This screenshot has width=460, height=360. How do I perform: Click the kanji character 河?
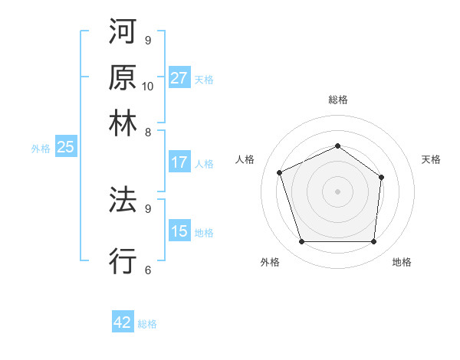pyautogui.click(x=123, y=34)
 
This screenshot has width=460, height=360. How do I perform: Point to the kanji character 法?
pyautogui.click(x=123, y=201)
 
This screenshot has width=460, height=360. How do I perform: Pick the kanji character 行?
pyautogui.click(x=123, y=261)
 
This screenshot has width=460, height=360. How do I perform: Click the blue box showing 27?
pyautogui.click(x=179, y=78)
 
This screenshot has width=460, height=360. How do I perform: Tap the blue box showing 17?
pyautogui.click(x=179, y=162)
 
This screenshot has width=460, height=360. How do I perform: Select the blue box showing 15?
pyautogui.click(x=179, y=231)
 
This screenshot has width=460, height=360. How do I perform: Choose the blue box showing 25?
pyautogui.click(x=65, y=147)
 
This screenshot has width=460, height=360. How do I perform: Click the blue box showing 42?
pyautogui.click(x=123, y=322)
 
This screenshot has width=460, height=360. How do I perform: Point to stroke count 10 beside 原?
pyautogui.click(x=148, y=85)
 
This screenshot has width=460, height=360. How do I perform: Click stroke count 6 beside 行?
pyautogui.click(x=147, y=269)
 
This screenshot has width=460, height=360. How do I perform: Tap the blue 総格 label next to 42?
pyautogui.click(x=147, y=324)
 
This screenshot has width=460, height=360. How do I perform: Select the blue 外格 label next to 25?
pyautogui.click(x=40, y=149)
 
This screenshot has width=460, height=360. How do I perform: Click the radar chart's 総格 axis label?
pyautogui.click(x=337, y=100)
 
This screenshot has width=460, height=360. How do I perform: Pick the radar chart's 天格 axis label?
pyautogui.click(x=431, y=159)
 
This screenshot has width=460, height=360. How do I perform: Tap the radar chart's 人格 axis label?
pyautogui.click(x=245, y=159)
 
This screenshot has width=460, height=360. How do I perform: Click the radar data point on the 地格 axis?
pyautogui.click(x=374, y=242)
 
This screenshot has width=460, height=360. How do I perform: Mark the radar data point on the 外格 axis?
pyautogui.click(x=301, y=242)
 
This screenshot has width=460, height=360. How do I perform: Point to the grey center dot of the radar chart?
pyautogui.click(x=337, y=191)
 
